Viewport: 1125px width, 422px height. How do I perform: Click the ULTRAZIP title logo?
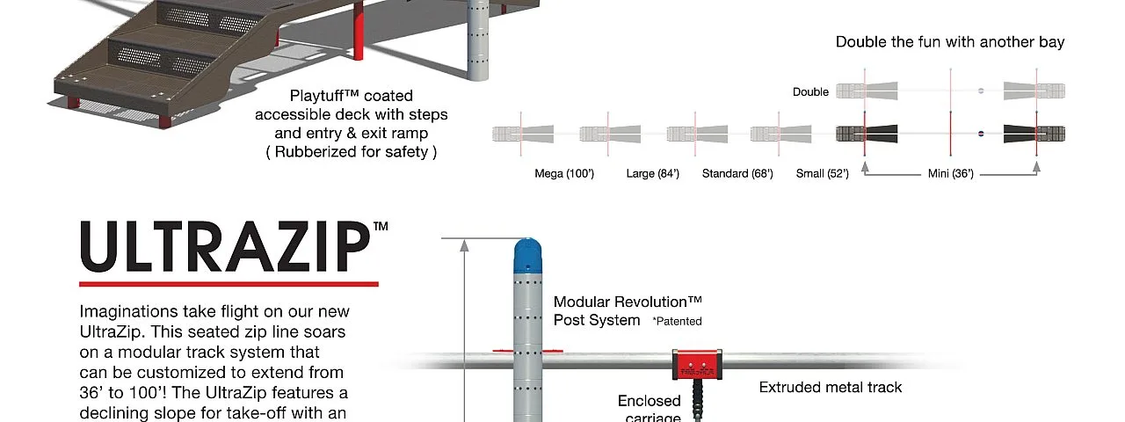coord(225,246)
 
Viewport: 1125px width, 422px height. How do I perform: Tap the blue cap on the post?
coord(528,256)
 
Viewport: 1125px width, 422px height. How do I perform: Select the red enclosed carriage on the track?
coord(697,365)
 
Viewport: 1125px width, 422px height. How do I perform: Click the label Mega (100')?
coord(564,174)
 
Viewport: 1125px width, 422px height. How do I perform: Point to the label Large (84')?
coord(652,174)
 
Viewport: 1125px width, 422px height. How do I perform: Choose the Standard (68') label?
coord(737,174)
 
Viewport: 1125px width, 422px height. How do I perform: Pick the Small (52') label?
coord(822,174)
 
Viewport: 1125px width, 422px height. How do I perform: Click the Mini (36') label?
coord(951,174)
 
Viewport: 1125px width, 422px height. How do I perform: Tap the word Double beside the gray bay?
coord(810,92)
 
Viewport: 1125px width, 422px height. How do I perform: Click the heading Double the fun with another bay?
coord(950,41)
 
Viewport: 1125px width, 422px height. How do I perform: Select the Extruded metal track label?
coord(831,388)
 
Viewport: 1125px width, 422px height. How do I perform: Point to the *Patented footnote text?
coord(677,322)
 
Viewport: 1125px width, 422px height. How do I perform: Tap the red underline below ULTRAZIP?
coord(229,284)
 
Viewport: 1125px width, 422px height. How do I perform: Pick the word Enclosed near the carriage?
coord(649,401)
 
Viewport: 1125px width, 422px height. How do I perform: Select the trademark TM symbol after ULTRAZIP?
coord(381,226)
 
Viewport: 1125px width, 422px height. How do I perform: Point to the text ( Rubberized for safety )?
coord(351,152)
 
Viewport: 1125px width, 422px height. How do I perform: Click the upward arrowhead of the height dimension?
coord(465,245)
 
